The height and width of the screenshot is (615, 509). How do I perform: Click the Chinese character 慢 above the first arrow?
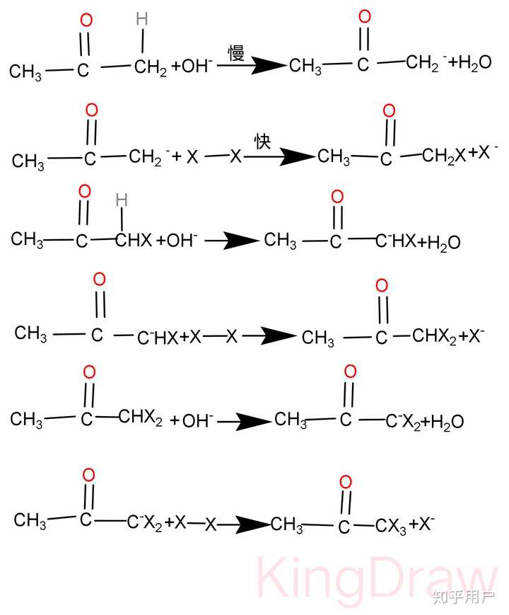236,52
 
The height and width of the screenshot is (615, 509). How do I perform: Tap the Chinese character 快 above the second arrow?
262,142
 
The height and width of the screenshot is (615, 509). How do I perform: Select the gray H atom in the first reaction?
142,19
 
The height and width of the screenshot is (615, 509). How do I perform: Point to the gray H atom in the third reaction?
122,200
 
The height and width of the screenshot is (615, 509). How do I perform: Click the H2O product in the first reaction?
474,63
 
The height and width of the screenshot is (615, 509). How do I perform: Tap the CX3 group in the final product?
391,526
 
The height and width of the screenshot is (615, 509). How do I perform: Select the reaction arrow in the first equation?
252,65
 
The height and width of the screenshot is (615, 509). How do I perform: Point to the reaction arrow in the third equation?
232,240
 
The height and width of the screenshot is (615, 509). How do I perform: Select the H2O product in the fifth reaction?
447,422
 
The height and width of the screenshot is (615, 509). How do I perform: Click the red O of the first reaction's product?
364,16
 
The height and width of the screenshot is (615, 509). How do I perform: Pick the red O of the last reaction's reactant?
88,475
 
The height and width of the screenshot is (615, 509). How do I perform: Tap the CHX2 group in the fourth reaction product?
434,337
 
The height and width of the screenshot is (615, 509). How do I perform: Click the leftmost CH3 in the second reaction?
28,161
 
